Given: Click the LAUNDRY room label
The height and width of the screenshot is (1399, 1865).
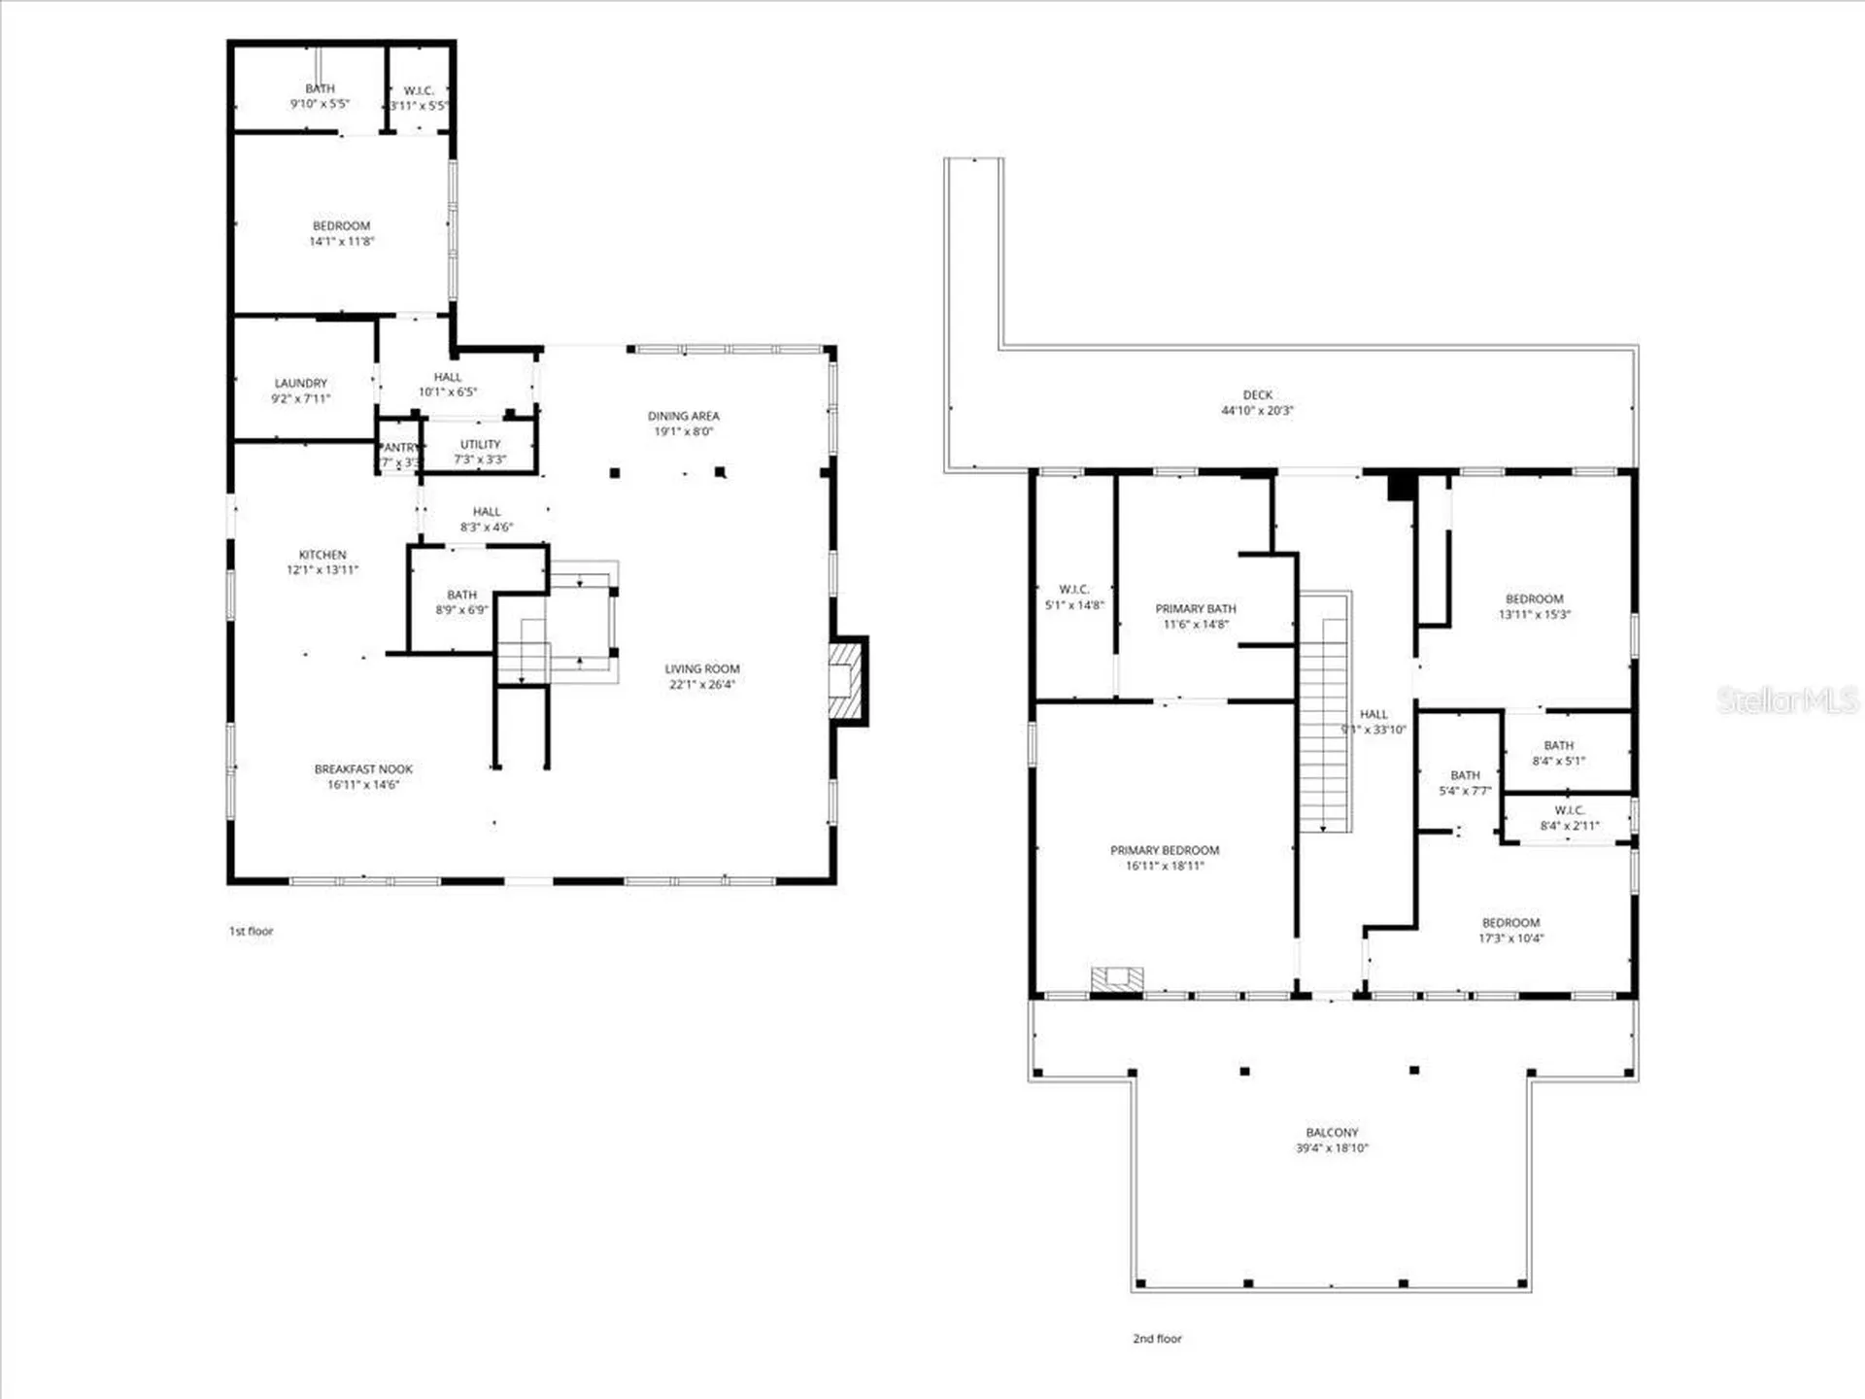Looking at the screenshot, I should (x=300, y=384).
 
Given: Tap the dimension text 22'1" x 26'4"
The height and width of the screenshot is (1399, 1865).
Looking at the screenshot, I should (x=701, y=685).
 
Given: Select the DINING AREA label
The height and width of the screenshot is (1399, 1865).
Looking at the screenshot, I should (x=683, y=416).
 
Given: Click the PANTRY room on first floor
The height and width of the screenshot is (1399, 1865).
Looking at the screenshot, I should (x=398, y=454).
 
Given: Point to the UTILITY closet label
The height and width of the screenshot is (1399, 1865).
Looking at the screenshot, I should (x=480, y=445).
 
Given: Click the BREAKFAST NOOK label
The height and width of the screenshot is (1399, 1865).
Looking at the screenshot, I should (x=363, y=769).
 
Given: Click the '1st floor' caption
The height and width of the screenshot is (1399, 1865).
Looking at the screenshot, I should (x=251, y=931).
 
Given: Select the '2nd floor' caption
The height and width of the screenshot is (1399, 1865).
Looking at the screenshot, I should (x=1157, y=1339).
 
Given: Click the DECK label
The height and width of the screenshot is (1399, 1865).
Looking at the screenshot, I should (x=1257, y=395).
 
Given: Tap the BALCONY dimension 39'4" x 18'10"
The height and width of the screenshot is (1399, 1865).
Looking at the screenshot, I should (x=1331, y=1148).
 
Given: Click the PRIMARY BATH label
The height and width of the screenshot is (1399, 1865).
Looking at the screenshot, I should (x=1195, y=609).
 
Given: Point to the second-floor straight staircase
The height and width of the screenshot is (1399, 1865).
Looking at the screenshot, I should (x=1325, y=714).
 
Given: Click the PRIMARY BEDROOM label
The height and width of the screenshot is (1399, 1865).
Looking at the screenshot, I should (x=1164, y=851).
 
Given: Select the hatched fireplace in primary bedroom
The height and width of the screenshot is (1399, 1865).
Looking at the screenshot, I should (x=1116, y=979).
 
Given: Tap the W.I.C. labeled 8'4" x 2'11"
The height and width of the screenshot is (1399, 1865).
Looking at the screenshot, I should (x=1569, y=818).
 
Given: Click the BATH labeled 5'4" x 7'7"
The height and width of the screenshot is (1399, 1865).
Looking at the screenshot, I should (x=1465, y=783).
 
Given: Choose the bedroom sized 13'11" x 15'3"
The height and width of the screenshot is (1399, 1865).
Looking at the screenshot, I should (x=1534, y=606).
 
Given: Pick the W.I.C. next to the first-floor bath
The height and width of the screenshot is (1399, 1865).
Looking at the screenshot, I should (x=419, y=97).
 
